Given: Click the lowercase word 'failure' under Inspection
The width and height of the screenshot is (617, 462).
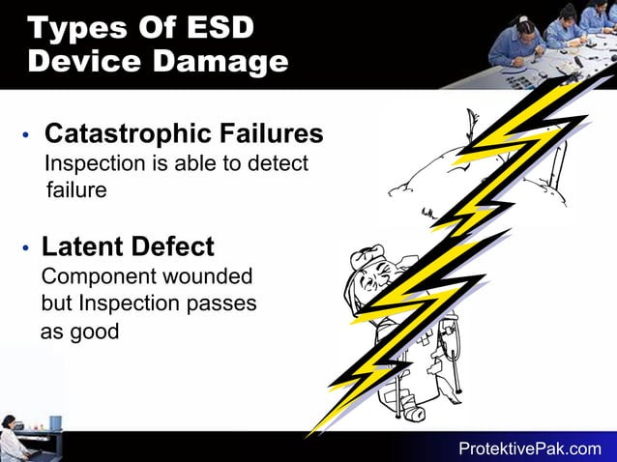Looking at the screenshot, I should point(75,189).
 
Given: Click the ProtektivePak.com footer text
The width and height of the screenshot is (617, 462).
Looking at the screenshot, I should point(529,448).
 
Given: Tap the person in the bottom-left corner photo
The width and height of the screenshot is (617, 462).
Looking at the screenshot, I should point(12,440).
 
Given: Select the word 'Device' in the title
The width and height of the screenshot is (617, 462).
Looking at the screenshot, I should point(82,62).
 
